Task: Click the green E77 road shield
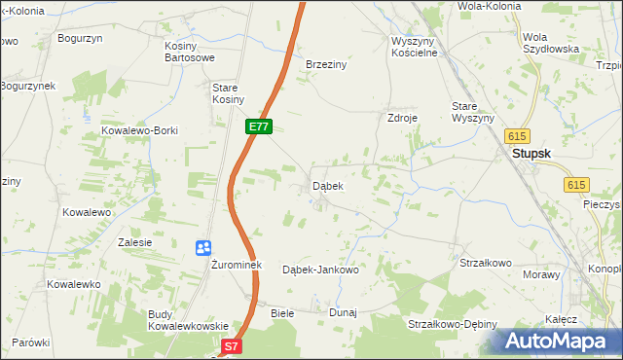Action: (x=258, y=126)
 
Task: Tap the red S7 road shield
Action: (x=230, y=345)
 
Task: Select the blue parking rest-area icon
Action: (x=203, y=248)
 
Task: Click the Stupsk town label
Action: (x=533, y=153)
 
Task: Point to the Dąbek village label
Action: (x=327, y=185)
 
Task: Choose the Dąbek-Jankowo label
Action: (x=320, y=270)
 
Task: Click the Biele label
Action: (x=282, y=312)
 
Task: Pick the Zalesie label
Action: (x=135, y=242)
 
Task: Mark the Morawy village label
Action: (x=541, y=274)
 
